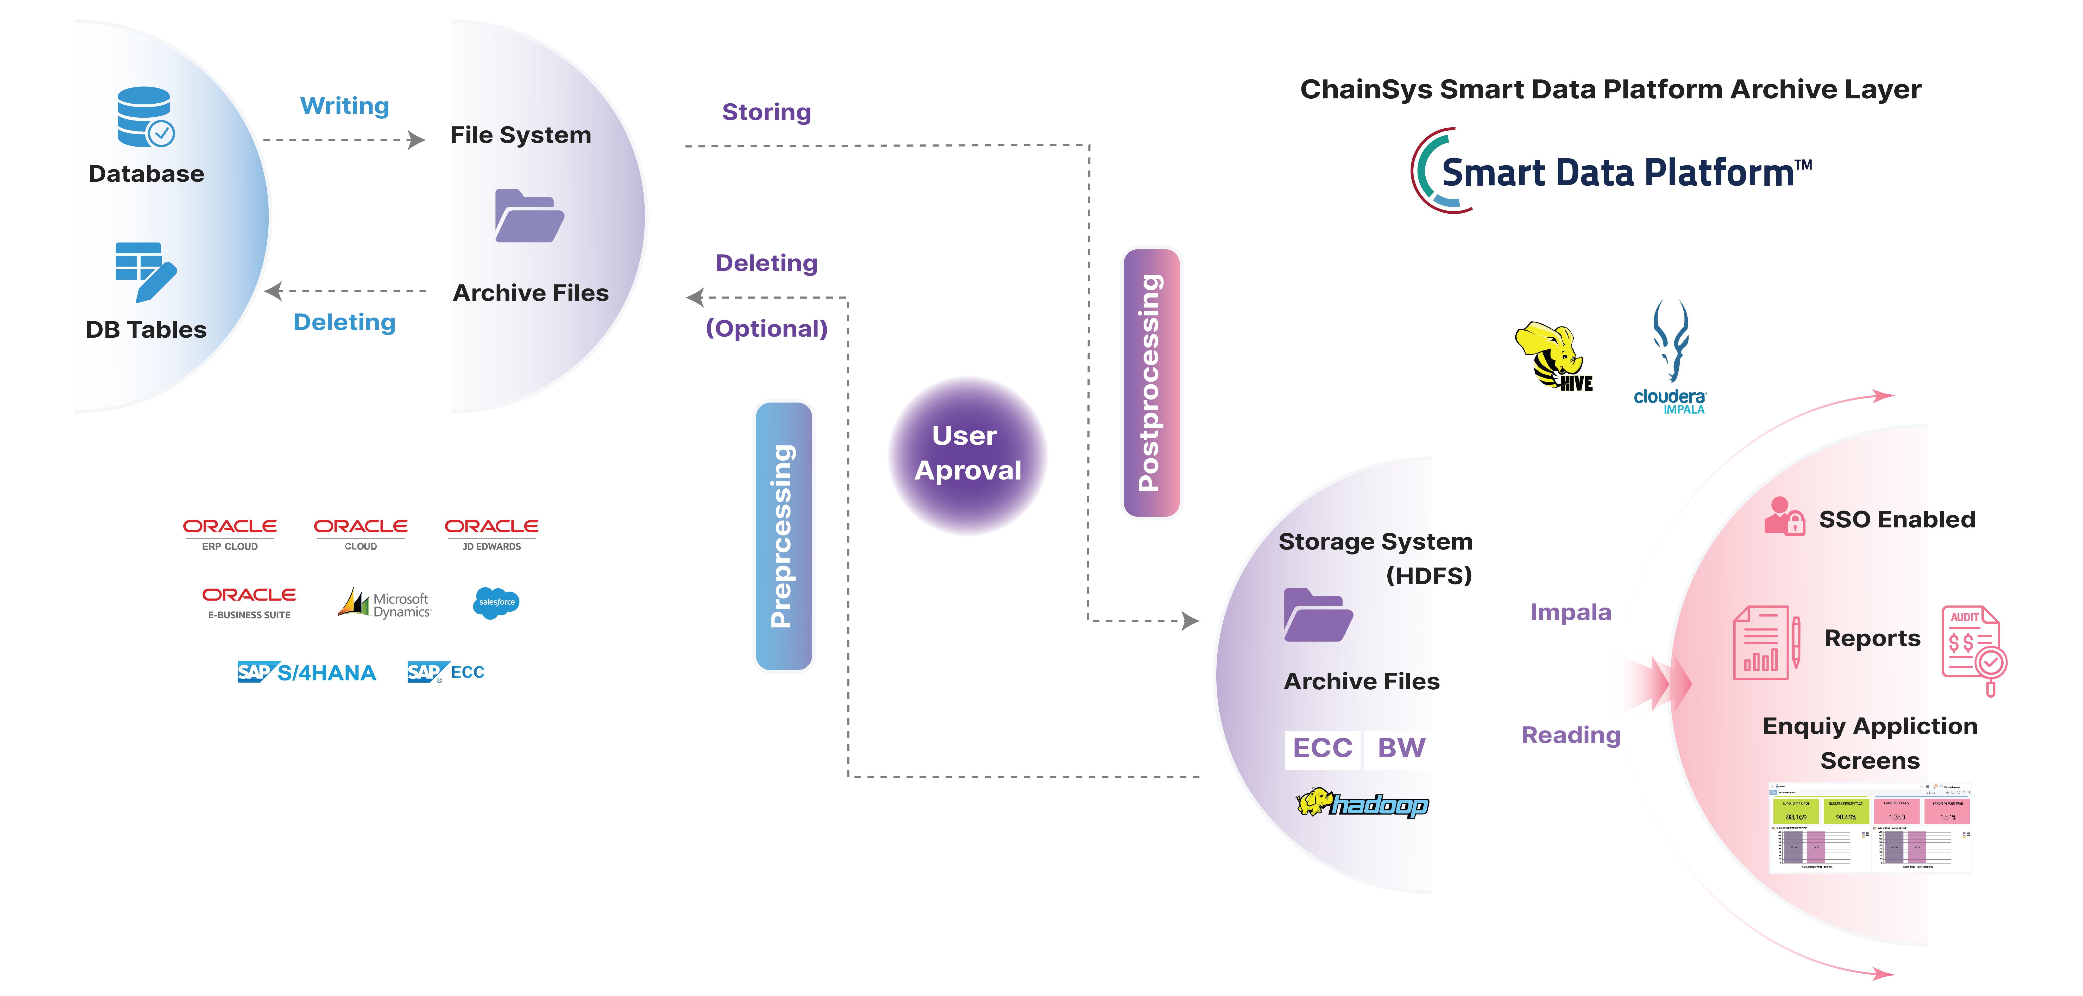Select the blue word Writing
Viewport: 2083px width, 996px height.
pyautogui.click(x=344, y=106)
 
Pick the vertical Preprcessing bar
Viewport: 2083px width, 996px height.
pyautogui.click(x=783, y=536)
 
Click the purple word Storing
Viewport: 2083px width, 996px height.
pyautogui.click(x=766, y=112)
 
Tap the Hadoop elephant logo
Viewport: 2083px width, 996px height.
pyautogui.click(x=1363, y=804)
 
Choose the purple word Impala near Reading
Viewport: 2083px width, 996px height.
pyautogui.click(x=1570, y=613)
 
